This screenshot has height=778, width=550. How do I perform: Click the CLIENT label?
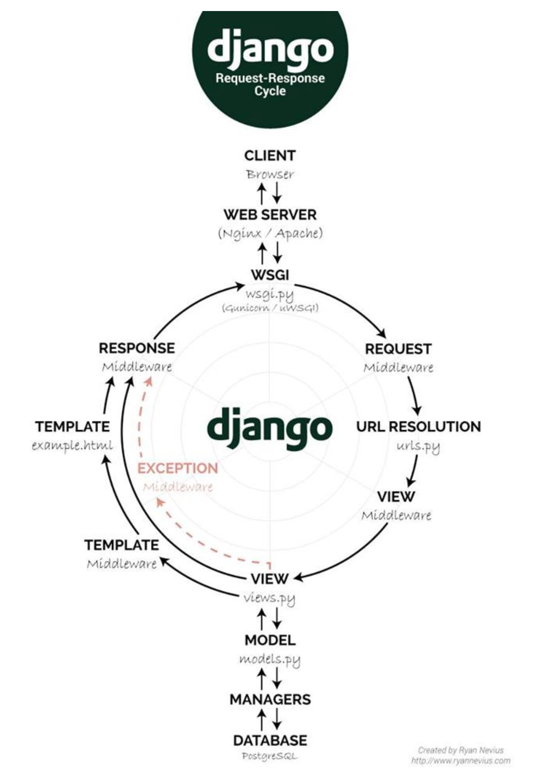[x=270, y=156]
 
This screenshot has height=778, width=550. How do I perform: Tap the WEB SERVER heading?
[x=270, y=215]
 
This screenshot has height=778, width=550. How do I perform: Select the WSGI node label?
[x=270, y=274]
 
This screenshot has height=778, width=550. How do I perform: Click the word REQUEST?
[x=398, y=349]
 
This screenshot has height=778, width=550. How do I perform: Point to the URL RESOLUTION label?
[x=418, y=426]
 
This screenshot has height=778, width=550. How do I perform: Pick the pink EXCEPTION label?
[x=178, y=468]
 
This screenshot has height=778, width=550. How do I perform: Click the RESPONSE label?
[x=137, y=348]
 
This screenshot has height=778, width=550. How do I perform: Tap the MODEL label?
[x=270, y=640]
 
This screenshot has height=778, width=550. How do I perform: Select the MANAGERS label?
[x=270, y=699]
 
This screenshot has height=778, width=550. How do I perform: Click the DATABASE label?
[x=270, y=740]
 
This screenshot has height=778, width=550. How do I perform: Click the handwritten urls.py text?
[x=418, y=446]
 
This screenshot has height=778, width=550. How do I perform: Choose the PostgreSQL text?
[x=270, y=756]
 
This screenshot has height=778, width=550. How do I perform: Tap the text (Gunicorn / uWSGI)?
[x=270, y=307]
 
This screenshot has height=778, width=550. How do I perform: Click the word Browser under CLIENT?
[x=270, y=174]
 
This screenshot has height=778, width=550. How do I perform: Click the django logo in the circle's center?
[x=270, y=428]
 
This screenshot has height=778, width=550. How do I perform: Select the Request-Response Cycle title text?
[x=270, y=84]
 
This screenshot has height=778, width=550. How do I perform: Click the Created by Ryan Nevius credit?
[x=461, y=750]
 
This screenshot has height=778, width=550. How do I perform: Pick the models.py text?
[x=270, y=659]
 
